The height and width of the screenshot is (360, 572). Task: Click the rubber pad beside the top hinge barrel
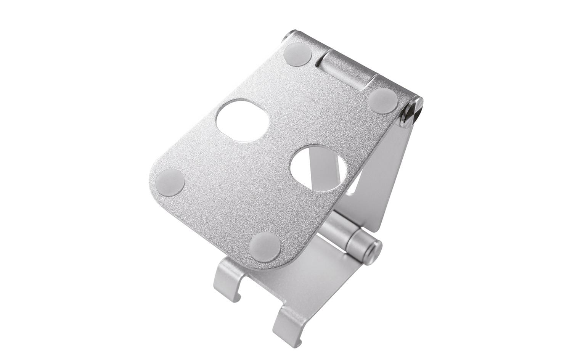tap(297, 54)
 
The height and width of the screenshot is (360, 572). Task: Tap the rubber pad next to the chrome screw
tap(383, 100)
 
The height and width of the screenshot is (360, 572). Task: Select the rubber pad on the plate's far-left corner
tap(170, 182)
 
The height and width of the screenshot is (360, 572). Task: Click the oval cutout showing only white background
tap(242, 121)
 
